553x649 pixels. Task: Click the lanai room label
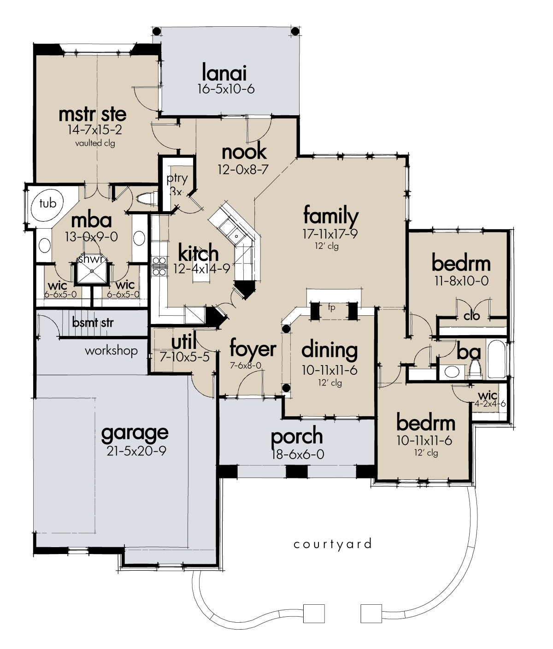coord(224,73)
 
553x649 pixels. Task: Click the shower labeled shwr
coord(91,271)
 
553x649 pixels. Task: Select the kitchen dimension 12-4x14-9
coord(201,269)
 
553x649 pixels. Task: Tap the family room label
coord(330,216)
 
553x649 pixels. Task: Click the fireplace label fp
coord(331,307)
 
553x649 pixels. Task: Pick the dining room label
coord(329,350)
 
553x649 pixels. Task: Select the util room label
coord(184,342)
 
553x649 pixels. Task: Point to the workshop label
coord(111,351)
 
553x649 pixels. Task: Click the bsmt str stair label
coord(93,322)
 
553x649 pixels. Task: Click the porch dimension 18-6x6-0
coord(297,454)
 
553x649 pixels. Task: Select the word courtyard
coord(332,544)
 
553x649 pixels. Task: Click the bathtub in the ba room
coord(496,359)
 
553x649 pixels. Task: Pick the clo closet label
coord(471,316)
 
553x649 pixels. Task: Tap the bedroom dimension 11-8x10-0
coord(460,280)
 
